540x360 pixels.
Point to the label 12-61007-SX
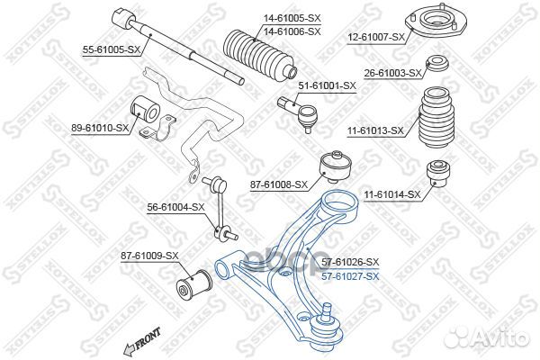379,37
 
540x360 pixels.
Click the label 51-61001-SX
328,85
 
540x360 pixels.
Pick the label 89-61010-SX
101,130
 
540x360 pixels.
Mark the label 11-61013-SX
379,130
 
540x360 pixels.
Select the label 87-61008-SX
280,184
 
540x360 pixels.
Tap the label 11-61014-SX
392,193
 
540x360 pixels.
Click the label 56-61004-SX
176,207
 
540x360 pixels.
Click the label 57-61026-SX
349,261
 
